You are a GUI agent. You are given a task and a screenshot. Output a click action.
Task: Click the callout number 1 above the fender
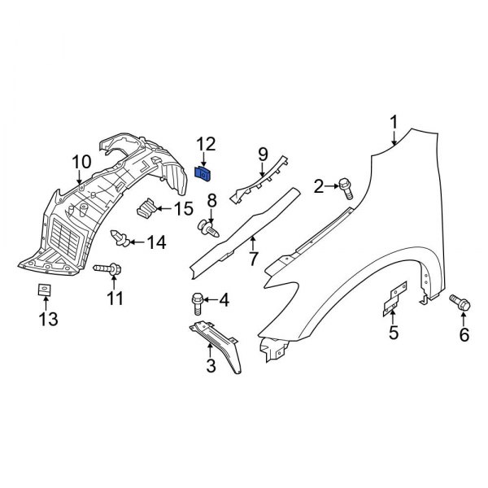click(394, 124)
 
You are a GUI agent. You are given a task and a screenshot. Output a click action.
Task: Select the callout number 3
click(211, 367)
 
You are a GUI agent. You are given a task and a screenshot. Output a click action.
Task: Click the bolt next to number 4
click(196, 302)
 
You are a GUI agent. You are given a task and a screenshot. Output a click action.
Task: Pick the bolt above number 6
click(460, 303)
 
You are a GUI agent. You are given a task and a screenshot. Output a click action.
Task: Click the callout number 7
click(253, 259)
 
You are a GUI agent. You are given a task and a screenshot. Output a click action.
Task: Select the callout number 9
click(263, 154)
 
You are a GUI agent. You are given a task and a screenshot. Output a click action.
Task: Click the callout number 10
click(81, 163)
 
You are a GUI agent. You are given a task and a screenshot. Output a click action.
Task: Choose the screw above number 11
click(109, 268)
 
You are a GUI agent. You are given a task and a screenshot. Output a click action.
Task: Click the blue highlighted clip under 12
click(206, 172)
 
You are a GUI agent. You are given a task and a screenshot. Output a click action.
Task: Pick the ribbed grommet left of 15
click(146, 209)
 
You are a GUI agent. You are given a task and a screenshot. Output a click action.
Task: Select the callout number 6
click(464, 334)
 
